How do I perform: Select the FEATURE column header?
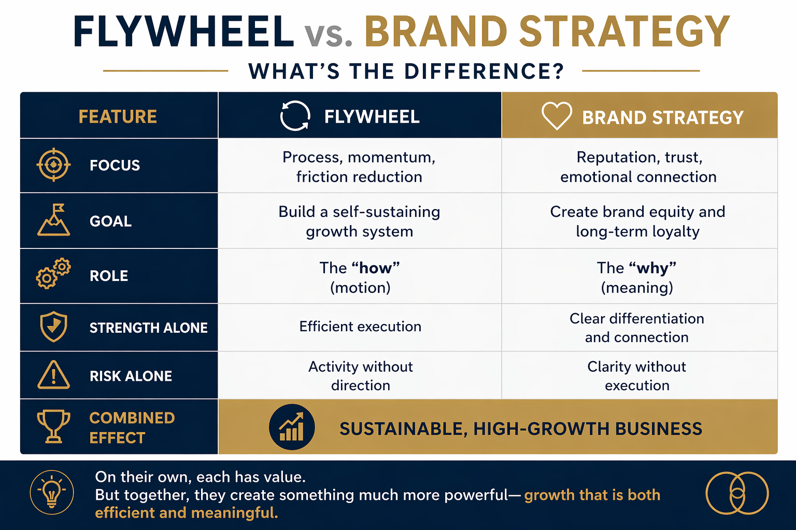tap(118, 116)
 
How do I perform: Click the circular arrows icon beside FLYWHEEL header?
tap(295, 116)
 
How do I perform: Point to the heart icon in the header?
tap(557, 116)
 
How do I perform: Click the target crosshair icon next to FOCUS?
tap(53, 165)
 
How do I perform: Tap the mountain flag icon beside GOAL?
tap(53, 220)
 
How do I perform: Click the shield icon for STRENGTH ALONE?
tap(53, 327)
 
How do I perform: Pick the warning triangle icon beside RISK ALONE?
tap(53, 375)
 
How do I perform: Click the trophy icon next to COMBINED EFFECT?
tap(53, 426)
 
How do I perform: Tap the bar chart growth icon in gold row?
tap(292, 426)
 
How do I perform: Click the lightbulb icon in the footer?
tap(52, 492)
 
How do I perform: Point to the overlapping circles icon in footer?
tap(737, 493)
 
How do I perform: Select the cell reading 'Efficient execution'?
tap(360, 327)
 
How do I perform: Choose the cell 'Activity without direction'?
tap(360, 376)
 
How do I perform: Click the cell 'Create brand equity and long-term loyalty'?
tap(637, 222)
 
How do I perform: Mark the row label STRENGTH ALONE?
tap(149, 328)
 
